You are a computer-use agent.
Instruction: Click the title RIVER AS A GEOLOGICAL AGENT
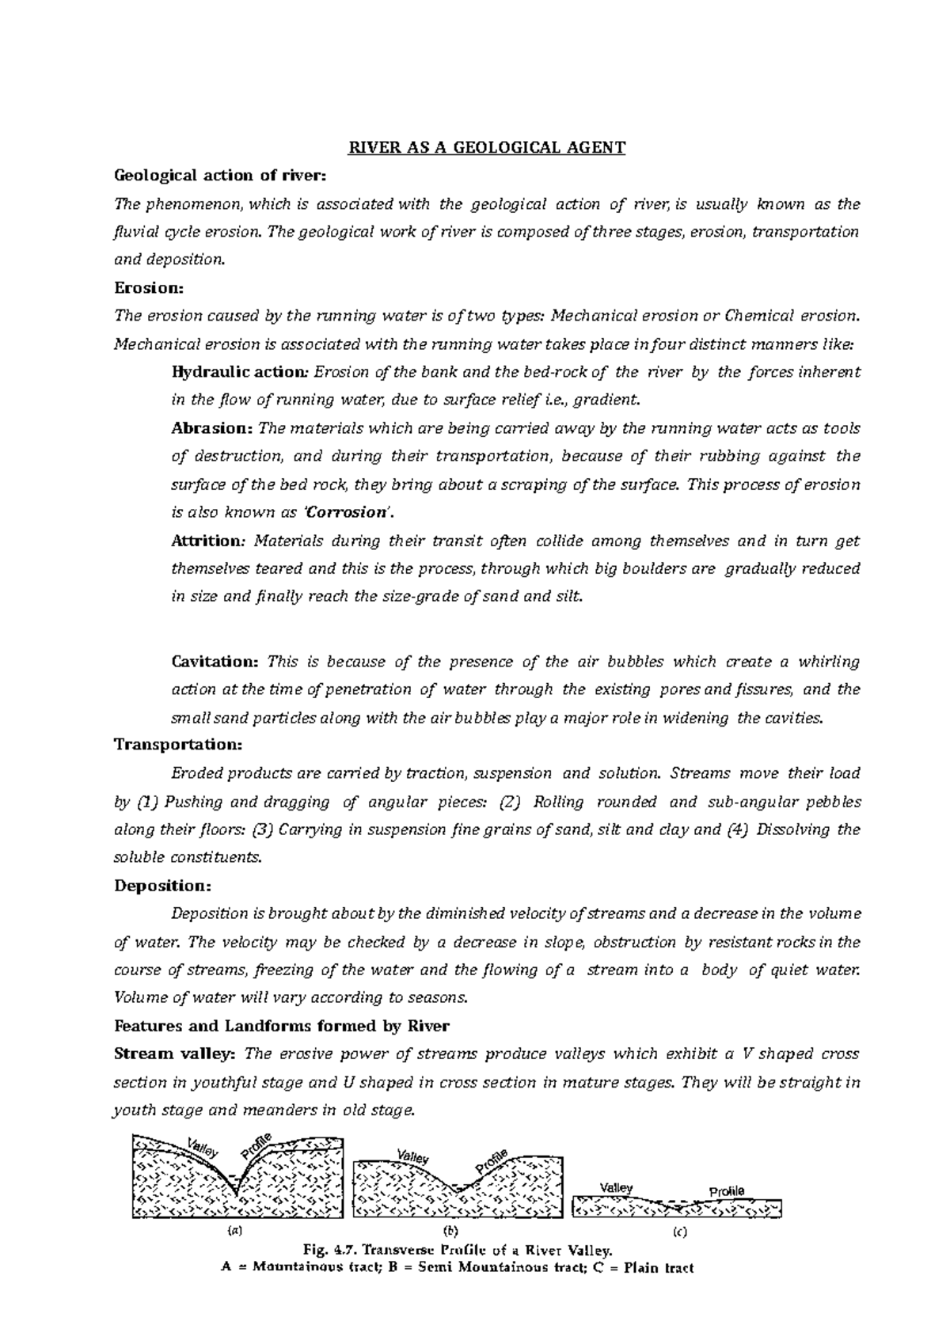(x=477, y=147)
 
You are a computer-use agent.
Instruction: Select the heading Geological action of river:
(x=220, y=175)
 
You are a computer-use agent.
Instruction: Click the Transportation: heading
(x=179, y=745)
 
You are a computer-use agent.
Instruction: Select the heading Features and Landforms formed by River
(x=282, y=1026)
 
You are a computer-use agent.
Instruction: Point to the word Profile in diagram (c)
(x=726, y=1192)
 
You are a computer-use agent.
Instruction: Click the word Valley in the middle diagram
(x=412, y=1158)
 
